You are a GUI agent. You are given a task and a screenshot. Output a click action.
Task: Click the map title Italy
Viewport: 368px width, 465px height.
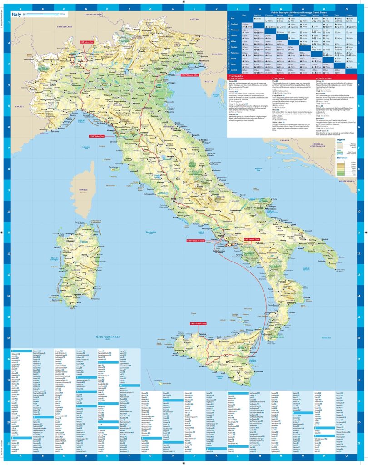tap(18, 14)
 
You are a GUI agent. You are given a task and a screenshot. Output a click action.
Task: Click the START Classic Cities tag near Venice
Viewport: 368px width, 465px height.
tap(190, 75)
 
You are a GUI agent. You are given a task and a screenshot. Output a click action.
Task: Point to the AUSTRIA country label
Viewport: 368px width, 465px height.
tap(195, 20)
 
